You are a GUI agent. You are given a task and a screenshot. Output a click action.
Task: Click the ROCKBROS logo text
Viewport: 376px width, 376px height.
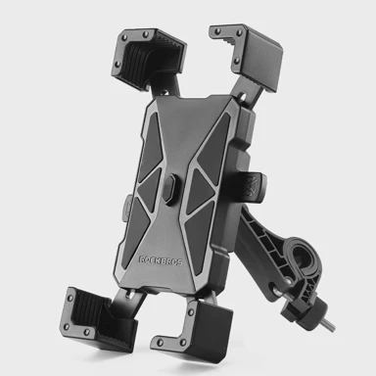click(161, 260)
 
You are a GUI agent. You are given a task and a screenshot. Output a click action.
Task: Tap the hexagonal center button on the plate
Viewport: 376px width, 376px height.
click(169, 189)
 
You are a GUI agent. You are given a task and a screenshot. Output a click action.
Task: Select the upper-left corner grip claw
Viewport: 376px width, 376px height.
click(148, 59)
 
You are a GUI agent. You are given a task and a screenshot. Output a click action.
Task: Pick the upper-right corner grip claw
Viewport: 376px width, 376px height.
click(247, 55)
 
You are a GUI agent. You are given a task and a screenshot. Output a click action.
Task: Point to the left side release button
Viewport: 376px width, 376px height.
click(126, 208)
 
